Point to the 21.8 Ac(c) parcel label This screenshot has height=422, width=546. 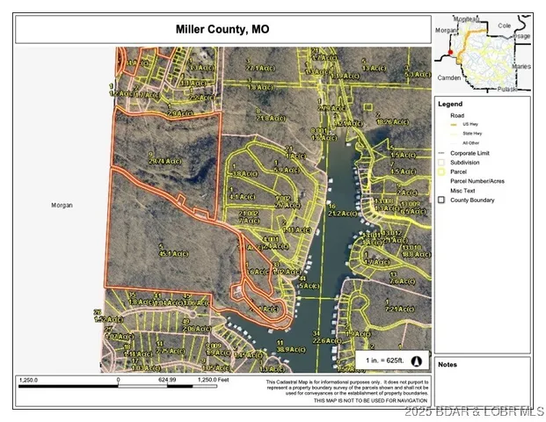coord(269,117)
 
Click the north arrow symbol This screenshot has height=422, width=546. coord(417,360)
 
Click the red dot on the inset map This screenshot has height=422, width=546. coord(450,53)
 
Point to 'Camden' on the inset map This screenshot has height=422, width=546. coord(448,77)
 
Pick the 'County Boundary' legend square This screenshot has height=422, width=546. coord(441,200)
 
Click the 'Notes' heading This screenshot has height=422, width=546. coord(448,364)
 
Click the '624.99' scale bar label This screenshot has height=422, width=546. coord(167,380)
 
